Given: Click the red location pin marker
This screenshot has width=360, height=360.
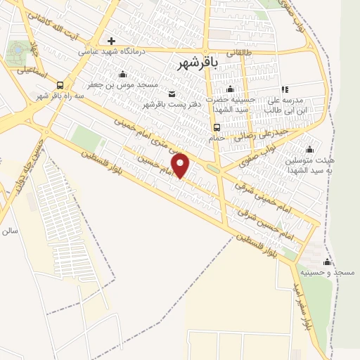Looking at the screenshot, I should (181, 165).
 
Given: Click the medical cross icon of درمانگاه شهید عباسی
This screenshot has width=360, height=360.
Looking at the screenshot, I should (111, 41).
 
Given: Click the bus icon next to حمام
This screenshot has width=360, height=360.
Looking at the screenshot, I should (217, 127).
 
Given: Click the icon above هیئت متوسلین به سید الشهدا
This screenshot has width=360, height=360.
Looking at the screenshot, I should (310, 149).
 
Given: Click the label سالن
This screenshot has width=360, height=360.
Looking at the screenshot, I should (9, 230).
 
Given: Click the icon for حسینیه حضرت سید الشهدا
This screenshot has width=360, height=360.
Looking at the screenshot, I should (230, 89).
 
